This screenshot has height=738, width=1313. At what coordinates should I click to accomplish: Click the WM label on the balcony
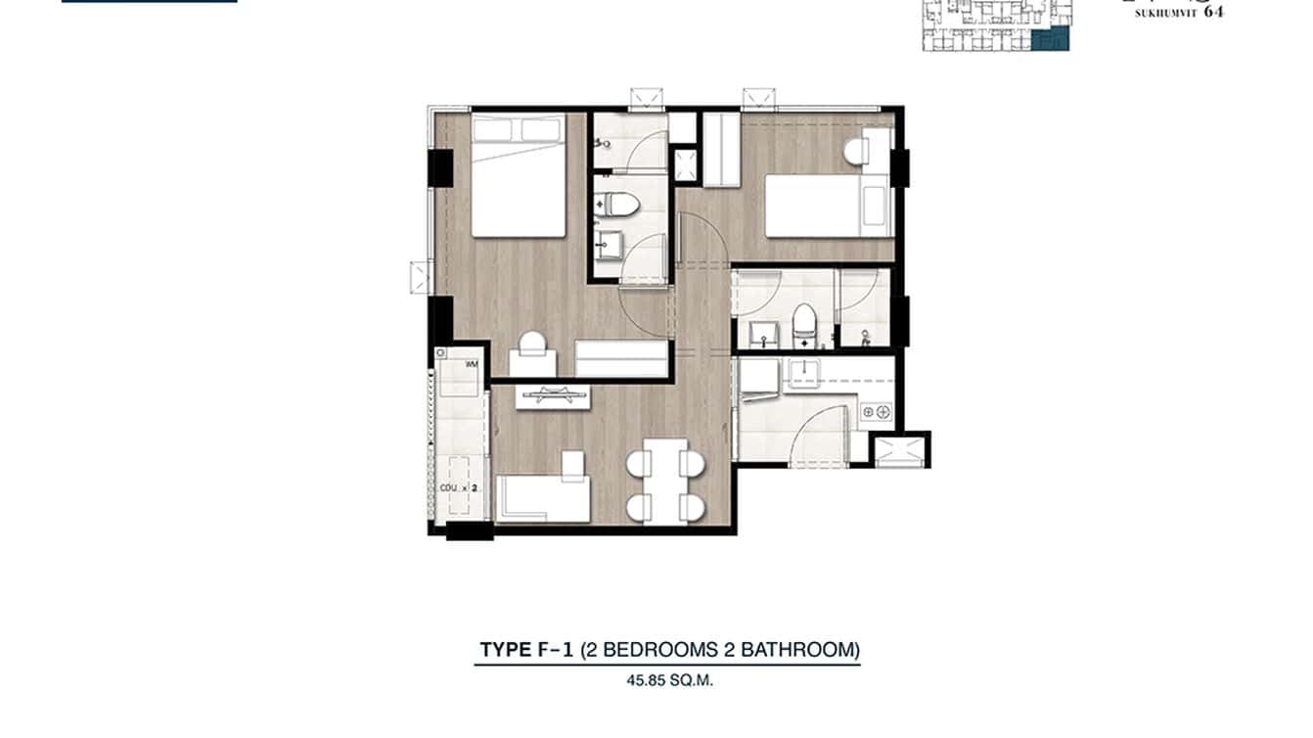(473, 365)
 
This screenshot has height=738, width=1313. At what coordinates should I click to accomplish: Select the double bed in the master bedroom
(519, 176)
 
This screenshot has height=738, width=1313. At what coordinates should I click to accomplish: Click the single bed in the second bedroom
(828, 205)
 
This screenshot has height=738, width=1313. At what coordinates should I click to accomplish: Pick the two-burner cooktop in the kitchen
(877, 413)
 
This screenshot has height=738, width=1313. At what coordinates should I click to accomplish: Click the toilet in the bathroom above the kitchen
(804, 325)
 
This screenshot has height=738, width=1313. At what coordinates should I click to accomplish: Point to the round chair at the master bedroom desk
(533, 344)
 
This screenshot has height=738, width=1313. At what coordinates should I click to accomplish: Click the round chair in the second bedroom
(856, 152)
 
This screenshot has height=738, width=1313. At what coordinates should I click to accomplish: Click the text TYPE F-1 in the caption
(525, 649)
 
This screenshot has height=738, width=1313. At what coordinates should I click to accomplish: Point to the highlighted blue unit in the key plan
(1053, 39)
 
